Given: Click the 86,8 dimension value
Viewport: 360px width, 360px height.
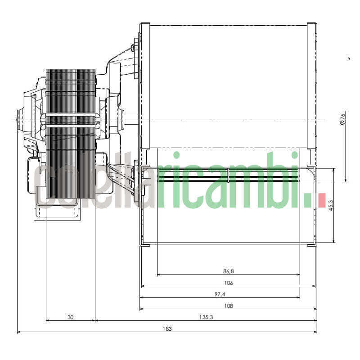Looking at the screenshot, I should click(228, 271).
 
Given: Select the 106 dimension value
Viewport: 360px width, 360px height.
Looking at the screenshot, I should click(228, 283).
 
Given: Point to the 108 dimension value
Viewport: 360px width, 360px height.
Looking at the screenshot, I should click(228, 306).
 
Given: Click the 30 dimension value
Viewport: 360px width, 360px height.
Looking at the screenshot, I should click(70, 317).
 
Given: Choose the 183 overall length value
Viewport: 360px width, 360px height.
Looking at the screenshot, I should click(167, 329).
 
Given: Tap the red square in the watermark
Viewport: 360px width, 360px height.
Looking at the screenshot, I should click(322, 200).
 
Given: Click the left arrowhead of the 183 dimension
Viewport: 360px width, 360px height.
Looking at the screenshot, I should click(18, 332).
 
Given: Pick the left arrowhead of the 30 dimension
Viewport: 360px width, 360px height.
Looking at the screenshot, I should click(47, 321).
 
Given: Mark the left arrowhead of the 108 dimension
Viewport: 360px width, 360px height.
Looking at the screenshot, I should click(141, 309).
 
